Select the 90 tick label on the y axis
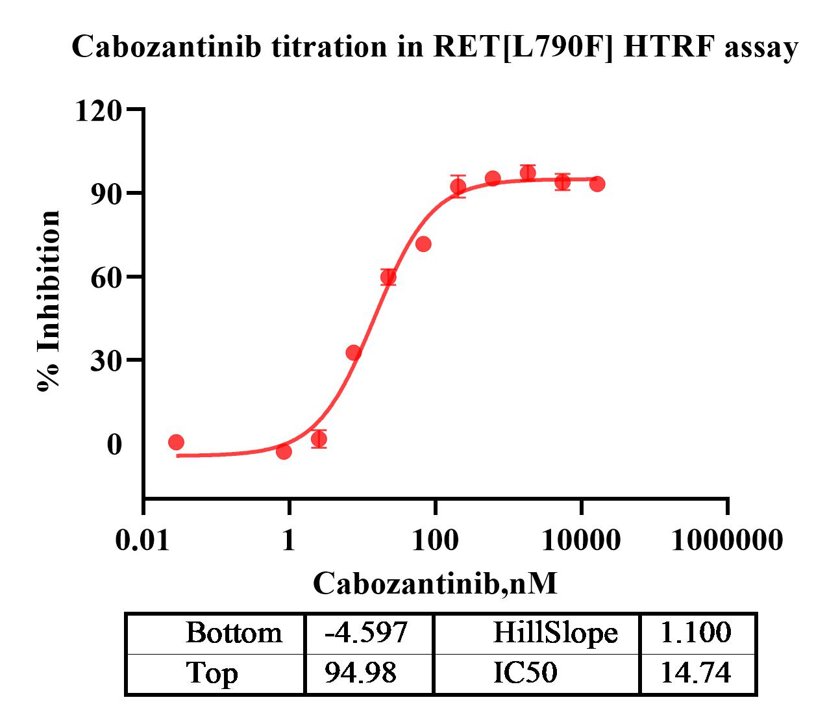pyautogui.click(x=106, y=194)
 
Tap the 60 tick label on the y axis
pyautogui.click(x=106, y=277)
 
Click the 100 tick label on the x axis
pyautogui.click(x=434, y=540)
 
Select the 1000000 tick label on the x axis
pyautogui.click(x=726, y=540)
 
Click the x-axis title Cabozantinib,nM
pyautogui.click(x=435, y=583)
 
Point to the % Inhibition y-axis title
pyautogui.click(x=49, y=301)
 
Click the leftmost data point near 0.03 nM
pyautogui.click(x=176, y=442)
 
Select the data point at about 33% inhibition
pyautogui.click(x=354, y=353)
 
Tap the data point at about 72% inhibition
pyautogui.click(x=423, y=244)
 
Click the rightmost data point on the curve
pyautogui.click(x=597, y=184)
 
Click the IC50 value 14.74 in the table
pyautogui.click(x=696, y=673)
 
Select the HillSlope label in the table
pyautogui.click(x=555, y=633)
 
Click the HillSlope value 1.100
pyautogui.click(x=696, y=633)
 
